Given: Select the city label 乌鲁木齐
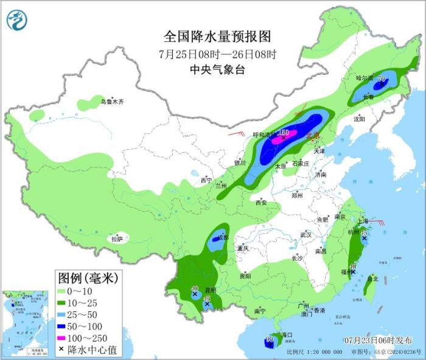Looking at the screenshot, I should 112,102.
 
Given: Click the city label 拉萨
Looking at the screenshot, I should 117,239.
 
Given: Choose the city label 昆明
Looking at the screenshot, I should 210,289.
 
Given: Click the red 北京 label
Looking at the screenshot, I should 313,135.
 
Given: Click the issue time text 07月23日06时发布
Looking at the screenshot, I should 377,339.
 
